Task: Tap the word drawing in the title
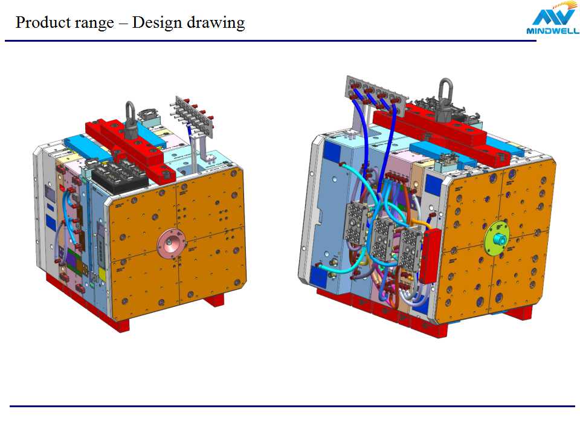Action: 216,24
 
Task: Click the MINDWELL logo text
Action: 553,31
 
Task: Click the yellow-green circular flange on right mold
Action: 497,237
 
